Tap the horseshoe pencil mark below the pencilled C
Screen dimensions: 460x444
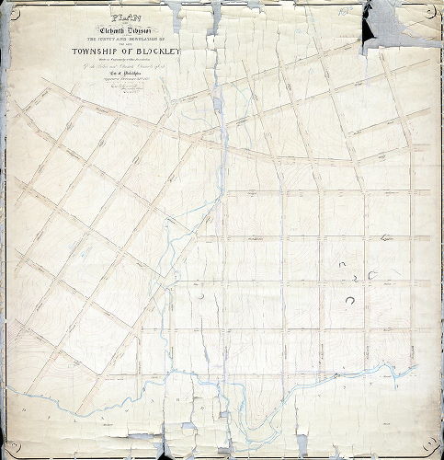coord(350,299)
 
